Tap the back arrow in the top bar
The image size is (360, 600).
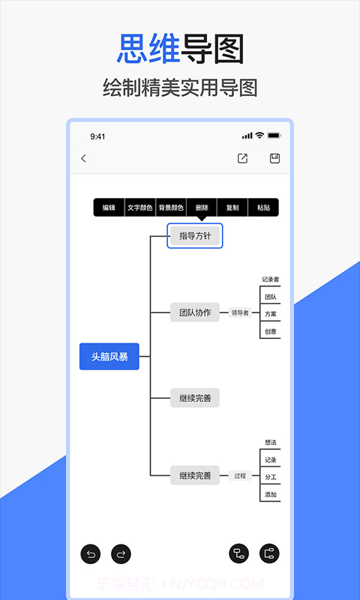tap(83, 158)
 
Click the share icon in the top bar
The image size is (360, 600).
tap(242, 158)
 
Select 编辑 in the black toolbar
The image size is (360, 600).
tap(109, 208)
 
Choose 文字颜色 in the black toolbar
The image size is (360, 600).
tap(139, 208)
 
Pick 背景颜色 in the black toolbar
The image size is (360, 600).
tap(171, 208)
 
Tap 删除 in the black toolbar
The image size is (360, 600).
tap(202, 208)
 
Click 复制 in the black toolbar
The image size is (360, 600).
tap(232, 208)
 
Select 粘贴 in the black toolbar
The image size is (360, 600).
tap(263, 208)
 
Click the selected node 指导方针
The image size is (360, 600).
tap(195, 236)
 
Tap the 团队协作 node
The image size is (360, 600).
tap(195, 313)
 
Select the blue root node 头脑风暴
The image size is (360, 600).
tap(109, 357)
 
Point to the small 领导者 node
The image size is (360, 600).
tap(240, 313)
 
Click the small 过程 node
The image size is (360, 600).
tap(240, 475)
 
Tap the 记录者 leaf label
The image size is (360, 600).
tap(270, 280)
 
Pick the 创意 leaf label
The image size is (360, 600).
tap(270, 331)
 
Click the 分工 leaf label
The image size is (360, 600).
tap(270, 477)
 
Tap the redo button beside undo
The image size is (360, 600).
tap(120, 554)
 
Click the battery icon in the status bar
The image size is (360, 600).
tap(274, 136)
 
